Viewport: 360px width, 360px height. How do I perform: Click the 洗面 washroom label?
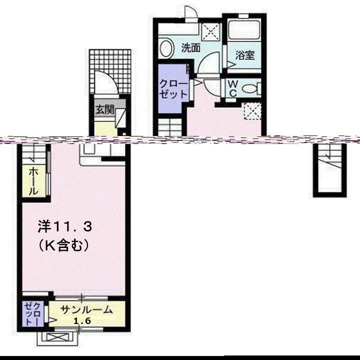(190, 48)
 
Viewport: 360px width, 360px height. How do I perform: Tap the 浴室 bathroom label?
(245, 55)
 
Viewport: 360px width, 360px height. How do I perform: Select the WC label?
(232, 88)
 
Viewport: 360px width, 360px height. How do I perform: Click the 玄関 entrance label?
(104, 109)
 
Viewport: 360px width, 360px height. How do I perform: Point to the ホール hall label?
(33, 181)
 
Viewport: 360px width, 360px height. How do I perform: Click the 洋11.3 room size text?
(64, 226)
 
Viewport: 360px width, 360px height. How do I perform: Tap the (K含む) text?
(63, 245)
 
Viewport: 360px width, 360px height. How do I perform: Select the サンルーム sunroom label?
(86, 310)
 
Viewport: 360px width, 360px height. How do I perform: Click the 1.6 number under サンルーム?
(82, 320)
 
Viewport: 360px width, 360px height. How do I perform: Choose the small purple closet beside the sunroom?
(33, 314)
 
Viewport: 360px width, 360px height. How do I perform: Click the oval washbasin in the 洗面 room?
(166, 48)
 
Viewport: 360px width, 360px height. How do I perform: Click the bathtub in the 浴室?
(244, 30)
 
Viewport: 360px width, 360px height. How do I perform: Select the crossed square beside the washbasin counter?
(210, 31)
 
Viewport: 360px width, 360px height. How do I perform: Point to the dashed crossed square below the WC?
(252, 111)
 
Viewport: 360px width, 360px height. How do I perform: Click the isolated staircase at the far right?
(329, 169)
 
